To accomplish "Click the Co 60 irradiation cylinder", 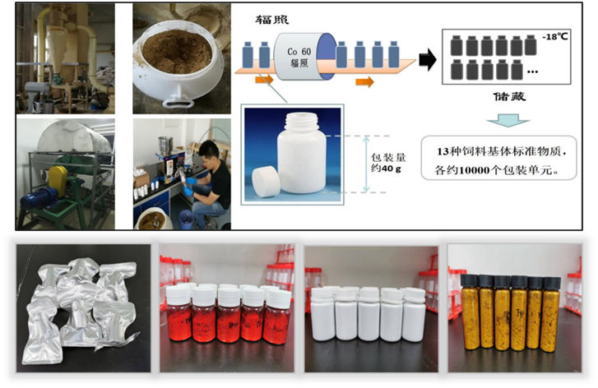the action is (x=305, y=57).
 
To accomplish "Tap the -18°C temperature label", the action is (x=554, y=37).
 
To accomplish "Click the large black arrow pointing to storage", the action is (x=428, y=60).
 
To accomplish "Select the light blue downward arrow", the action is (x=508, y=120).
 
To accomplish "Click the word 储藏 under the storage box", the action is (x=509, y=96).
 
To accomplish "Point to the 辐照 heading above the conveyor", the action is (x=272, y=20).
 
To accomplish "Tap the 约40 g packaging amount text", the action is (x=386, y=169).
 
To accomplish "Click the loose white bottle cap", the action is (x=267, y=182).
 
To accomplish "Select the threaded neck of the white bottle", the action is (x=302, y=121).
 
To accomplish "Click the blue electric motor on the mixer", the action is (x=38, y=198).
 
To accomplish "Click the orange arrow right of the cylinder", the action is (x=364, y=81).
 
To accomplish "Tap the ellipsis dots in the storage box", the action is (x=532, y=72).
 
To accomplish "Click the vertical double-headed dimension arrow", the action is (x=366, y=164).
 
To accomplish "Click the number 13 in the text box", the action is (x=443, y=152).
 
